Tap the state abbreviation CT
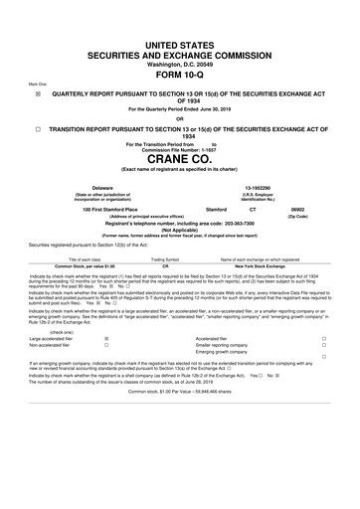coord(277,210)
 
